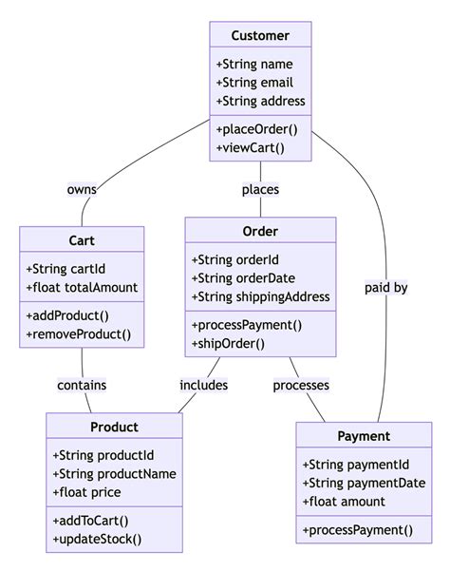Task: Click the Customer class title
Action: click(260, 36)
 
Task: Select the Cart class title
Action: click(81, 240)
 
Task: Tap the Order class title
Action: click(260, 232)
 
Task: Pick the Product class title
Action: click(114, 427)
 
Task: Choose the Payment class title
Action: click(364, 436)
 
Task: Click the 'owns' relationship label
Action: click(82, 189)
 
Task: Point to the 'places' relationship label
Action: click(260, 189)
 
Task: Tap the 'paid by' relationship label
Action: click(386, 287)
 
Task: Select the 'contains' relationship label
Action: click(82, 385)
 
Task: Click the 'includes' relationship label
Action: click(204, 385)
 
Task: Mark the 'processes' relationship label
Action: click(301, 385)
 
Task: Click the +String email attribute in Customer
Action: click(255, 83)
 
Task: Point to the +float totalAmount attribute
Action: click(82, 287)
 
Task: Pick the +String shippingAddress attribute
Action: click(260, 296)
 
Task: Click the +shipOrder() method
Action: click(230, 343)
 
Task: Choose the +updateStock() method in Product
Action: click(98, 540)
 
